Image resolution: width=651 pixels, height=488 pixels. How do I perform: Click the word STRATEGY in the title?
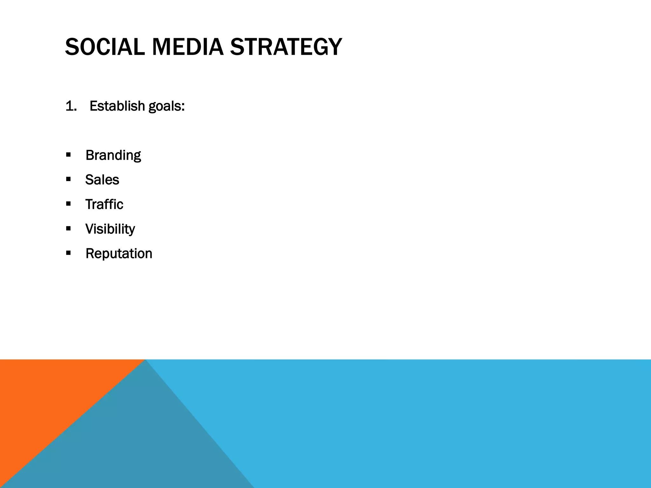click(x=286, y=47)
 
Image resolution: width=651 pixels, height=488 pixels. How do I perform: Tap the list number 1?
click(x=71, y=106)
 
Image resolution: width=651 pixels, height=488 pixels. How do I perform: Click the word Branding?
click(x=113, y=155)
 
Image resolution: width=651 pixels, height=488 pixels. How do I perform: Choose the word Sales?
click(x=102, y=180)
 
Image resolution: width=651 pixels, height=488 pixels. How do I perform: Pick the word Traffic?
click(x=104, y=204)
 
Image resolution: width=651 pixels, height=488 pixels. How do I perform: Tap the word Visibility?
click(x=110, y=229)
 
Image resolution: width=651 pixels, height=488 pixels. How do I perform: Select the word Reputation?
click(x=119, y=254)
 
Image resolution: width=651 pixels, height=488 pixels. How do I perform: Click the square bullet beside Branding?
click(x=68, y=155)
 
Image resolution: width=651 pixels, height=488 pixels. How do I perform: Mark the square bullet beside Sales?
click(x=68, y=180)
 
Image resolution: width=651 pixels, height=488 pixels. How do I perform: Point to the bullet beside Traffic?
click(x=68, y=204)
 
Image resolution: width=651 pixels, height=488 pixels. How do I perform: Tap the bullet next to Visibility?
click(x=68, y=228)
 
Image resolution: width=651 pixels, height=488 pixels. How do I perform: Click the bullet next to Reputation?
click(x=68, y=253)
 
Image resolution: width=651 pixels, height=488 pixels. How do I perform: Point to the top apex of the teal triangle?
click(x=145, y=361)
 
